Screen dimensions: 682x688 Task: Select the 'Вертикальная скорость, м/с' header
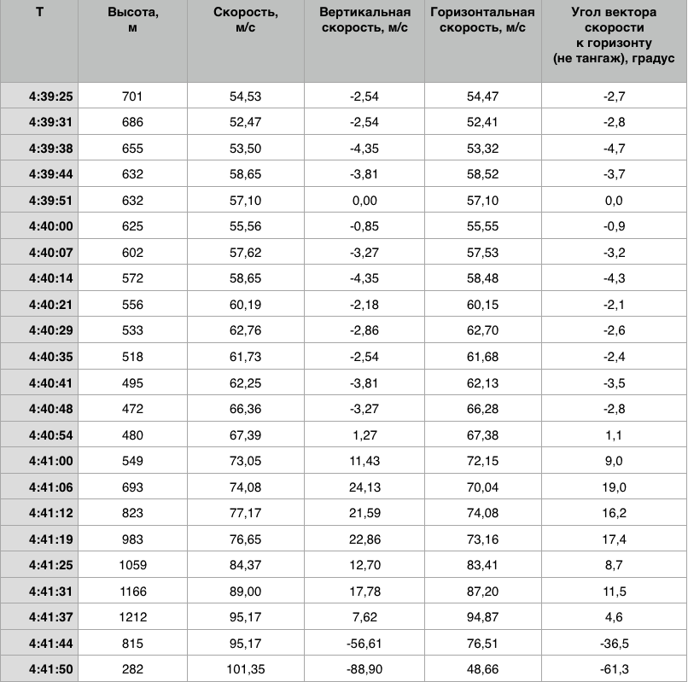364,20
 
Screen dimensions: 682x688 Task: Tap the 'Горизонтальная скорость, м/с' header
482,20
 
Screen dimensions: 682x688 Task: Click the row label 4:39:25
50,96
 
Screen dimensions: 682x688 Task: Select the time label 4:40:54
50,436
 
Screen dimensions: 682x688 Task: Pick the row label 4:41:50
50,669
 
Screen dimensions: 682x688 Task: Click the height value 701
132,96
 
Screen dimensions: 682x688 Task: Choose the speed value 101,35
247,669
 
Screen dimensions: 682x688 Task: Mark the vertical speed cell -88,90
364,669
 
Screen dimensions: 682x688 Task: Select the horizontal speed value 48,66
482,669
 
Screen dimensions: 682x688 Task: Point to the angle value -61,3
614,669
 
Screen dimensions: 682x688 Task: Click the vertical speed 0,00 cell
364,201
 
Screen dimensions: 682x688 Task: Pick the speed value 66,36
247,411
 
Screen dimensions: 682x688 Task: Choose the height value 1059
132,564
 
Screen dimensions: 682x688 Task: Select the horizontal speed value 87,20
482,591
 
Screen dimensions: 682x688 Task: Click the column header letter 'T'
39,13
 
